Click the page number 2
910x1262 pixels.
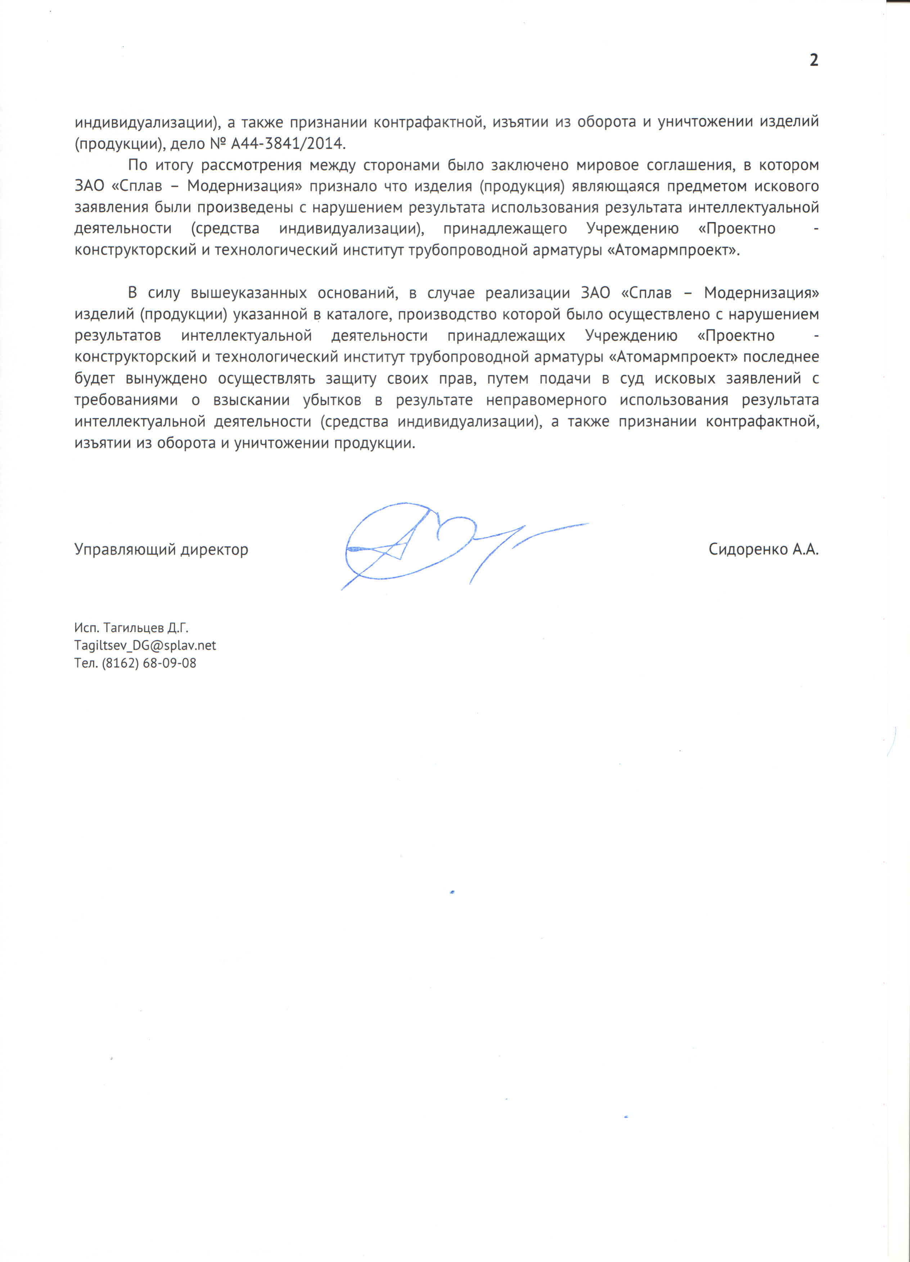[813, 61]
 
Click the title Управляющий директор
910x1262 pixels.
[161, 550]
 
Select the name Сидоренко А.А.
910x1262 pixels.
[763, 549]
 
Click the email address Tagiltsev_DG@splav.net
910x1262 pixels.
[145, 645]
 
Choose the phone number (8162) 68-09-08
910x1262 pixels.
[149, 663]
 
